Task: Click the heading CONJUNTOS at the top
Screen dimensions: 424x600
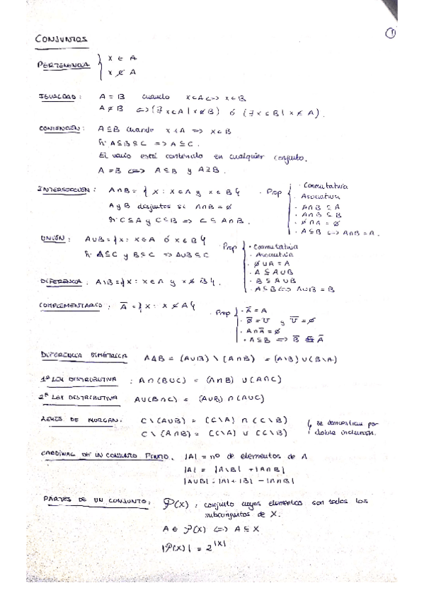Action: pos(60,40)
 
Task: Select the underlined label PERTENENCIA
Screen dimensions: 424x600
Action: pos(63,65)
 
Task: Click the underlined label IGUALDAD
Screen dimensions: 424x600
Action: pos(59,98)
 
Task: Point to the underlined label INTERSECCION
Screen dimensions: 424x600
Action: pos(65,190)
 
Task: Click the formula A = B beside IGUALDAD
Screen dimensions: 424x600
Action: pos(113,98)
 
